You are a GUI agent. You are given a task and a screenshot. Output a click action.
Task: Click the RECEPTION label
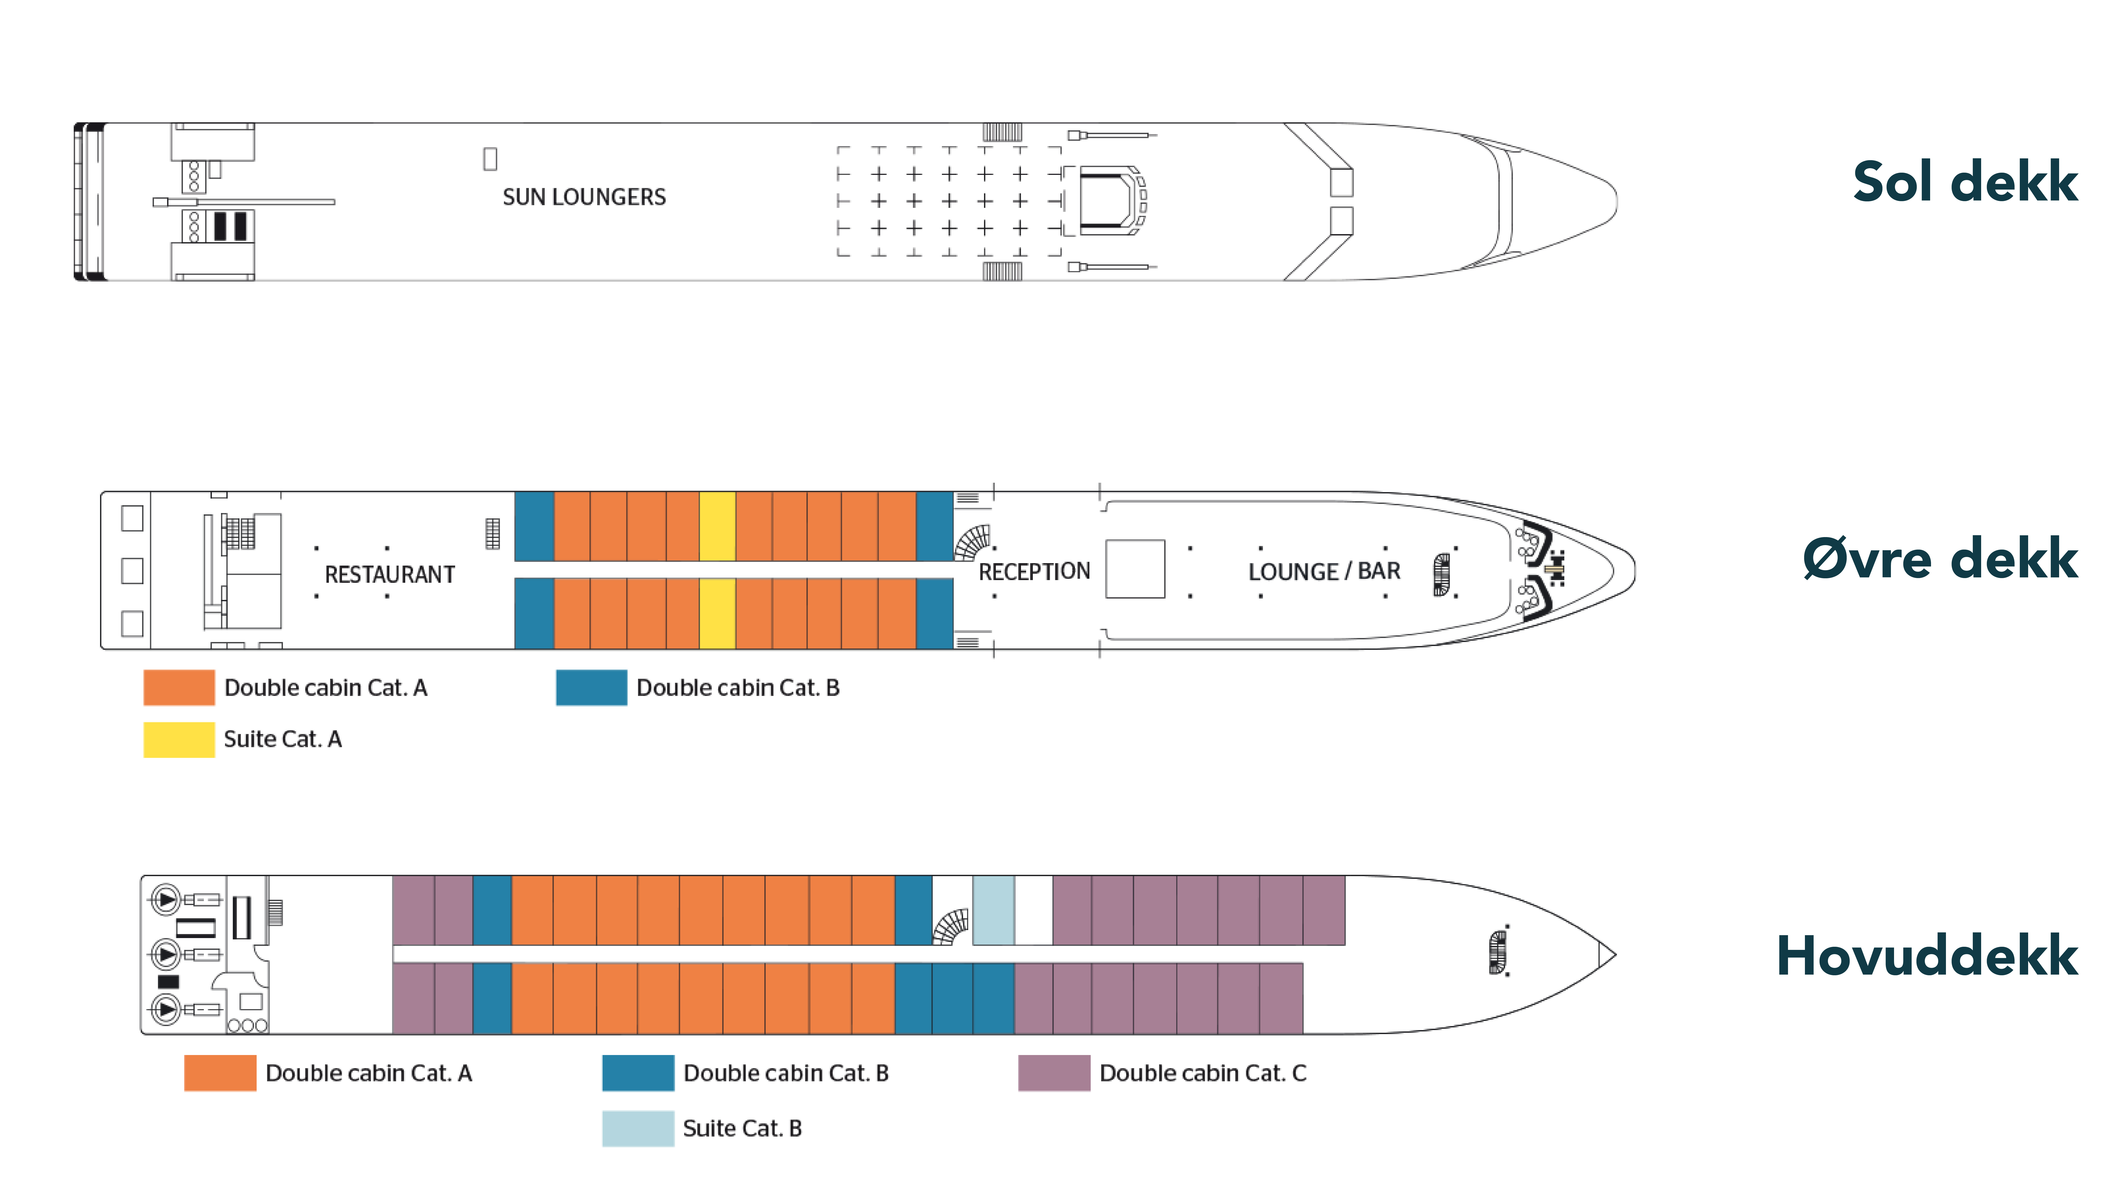(1034, 571)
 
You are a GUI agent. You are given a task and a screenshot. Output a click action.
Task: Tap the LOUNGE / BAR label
(1324, 571)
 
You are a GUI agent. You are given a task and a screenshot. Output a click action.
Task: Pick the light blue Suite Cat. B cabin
(993, 910)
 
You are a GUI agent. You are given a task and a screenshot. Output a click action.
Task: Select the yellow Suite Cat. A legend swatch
(179, 740)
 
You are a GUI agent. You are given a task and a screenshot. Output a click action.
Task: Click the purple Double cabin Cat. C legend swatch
(1053, 1073)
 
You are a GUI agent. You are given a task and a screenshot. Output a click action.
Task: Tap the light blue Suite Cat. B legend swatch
(637, 1129)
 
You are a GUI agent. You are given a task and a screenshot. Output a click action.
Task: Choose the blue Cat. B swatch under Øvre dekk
(591, 687)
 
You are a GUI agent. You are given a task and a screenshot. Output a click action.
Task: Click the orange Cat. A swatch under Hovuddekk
(220, 1073)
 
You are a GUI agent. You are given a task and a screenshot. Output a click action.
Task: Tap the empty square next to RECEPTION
(1135, 569)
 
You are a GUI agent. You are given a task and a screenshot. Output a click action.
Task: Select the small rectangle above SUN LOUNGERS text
(489, 159)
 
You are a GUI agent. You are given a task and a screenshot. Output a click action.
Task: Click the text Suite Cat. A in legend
(283, 740)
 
